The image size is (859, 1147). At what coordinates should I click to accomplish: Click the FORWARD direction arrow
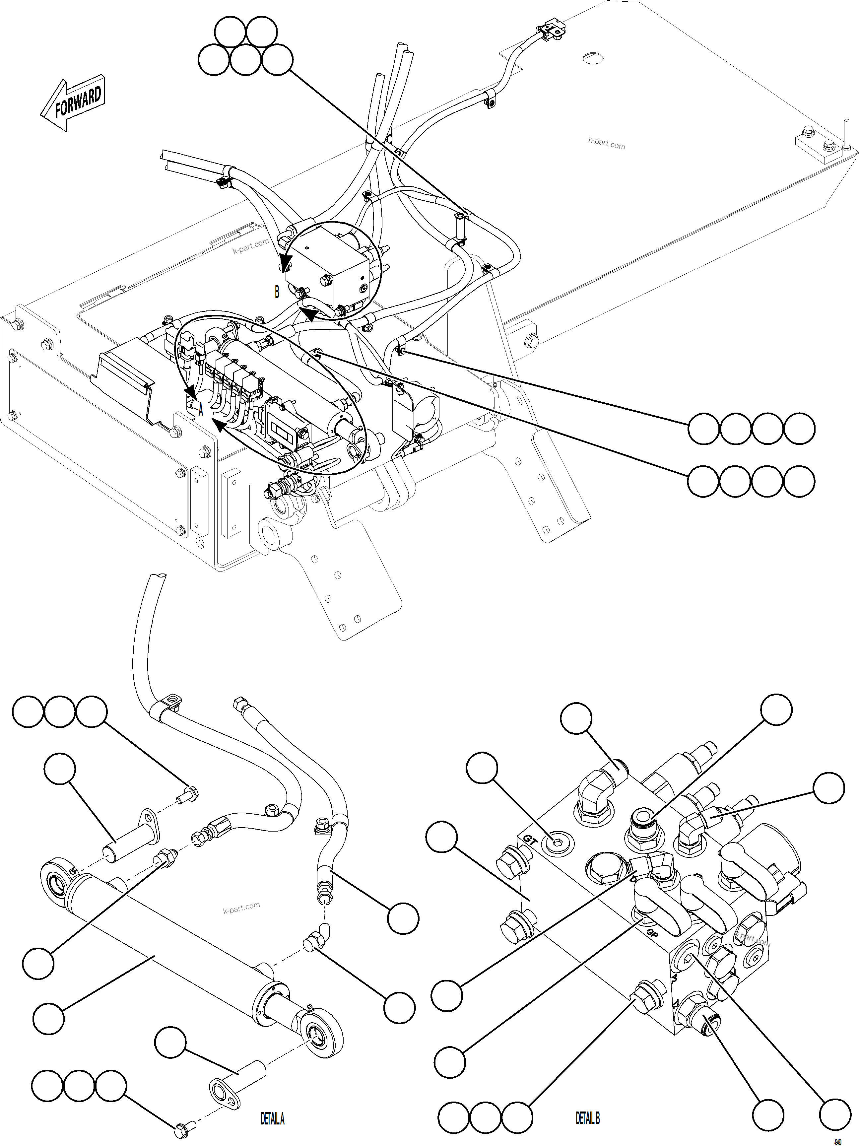click(x=73, y=104)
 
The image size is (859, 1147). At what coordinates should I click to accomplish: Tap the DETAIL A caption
click(x=272, y=1118)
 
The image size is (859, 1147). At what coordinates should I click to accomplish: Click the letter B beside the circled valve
click(x=277, y=293)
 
